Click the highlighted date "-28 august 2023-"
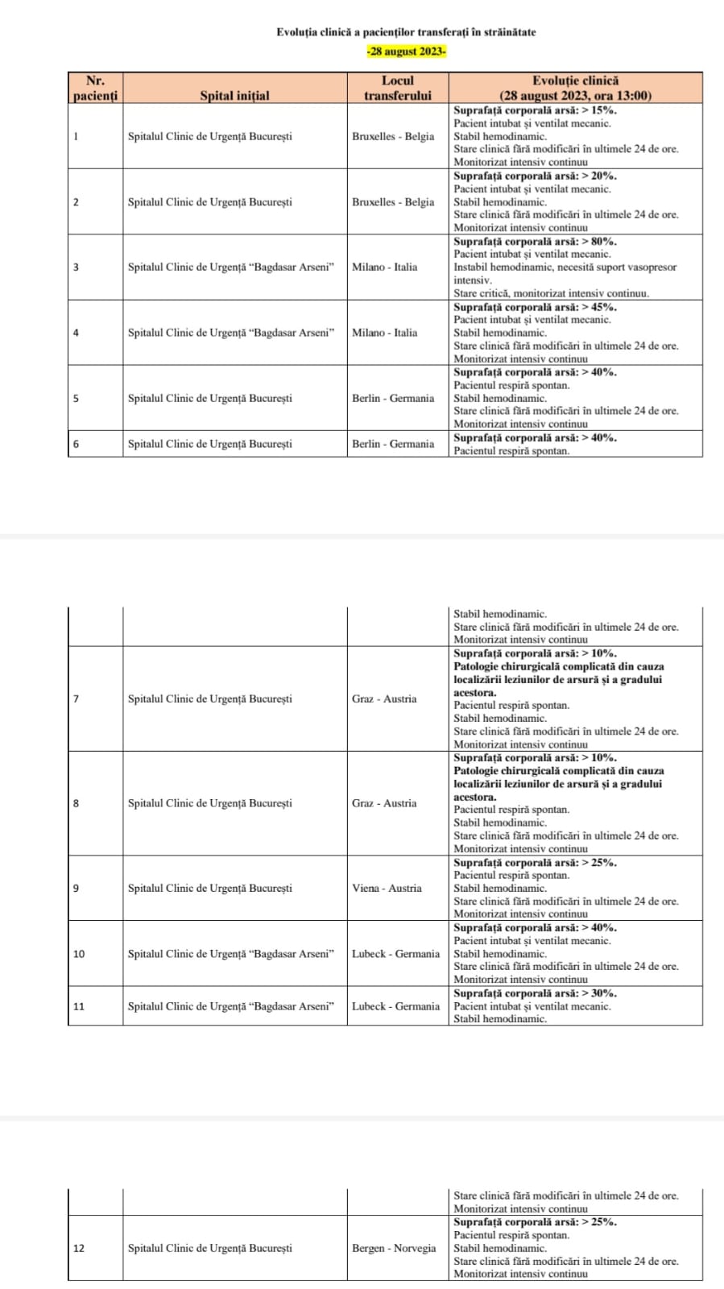coord(406,52)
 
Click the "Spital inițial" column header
coord(234,95)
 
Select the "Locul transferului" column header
coord(397,88)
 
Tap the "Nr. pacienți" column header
coord(95,88)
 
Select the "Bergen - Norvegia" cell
coord(394,1248)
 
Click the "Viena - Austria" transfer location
coord(387,888)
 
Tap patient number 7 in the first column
coord(76,698)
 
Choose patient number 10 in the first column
coord(79,954)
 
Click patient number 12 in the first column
coord(79,1248)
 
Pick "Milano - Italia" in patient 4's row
coord(384,332)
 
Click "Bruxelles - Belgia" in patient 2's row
coord(393,201)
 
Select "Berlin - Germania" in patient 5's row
coord(393,398)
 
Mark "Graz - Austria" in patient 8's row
coord(384,803)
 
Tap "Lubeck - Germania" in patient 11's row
coord(395,1006)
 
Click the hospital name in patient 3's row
coord(230,267)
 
